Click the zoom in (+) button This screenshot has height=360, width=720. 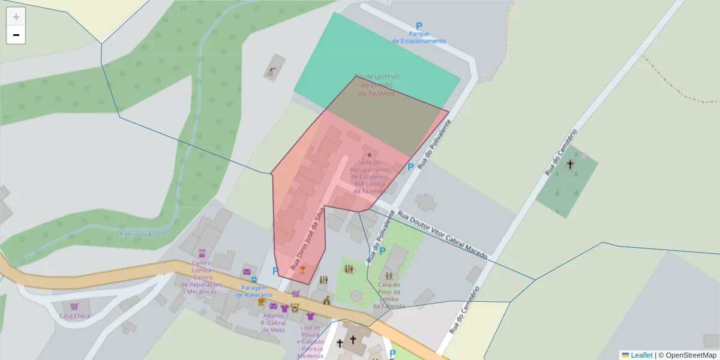16,17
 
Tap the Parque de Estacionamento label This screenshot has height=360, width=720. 419,37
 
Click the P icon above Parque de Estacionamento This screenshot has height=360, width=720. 419,26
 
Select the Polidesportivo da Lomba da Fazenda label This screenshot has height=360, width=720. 377,85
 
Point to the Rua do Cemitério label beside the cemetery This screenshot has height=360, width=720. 561,152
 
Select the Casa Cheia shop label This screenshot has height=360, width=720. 74,316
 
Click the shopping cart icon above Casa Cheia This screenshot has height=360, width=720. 74,306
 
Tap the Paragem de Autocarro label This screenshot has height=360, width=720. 254,291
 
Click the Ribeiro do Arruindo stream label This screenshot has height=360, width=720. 146,233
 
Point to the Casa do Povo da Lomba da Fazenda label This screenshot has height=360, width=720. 389,295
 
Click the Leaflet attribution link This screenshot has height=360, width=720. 641,355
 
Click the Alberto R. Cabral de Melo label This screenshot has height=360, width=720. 273,323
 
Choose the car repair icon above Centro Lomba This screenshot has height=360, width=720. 202,253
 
